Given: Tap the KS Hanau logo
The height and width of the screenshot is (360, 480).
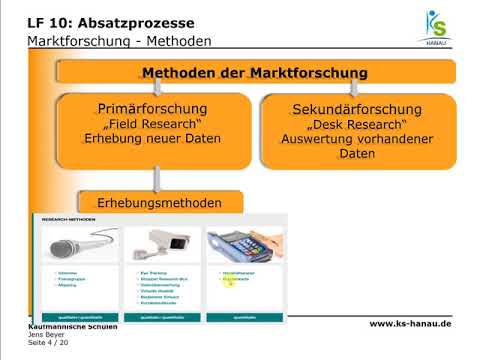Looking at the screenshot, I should click(x=437, y=30).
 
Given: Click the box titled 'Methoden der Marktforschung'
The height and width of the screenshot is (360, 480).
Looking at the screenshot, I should click(x=255, y=73).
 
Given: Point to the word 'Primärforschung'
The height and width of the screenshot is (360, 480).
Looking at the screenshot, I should click(x=153, y=107).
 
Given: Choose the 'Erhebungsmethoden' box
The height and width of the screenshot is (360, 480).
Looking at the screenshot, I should click(x=163, y=203).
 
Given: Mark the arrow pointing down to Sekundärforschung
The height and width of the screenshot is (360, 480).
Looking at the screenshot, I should click(x=357, y=89).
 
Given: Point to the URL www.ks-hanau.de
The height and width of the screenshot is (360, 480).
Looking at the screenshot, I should click(x=410, y=323).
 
